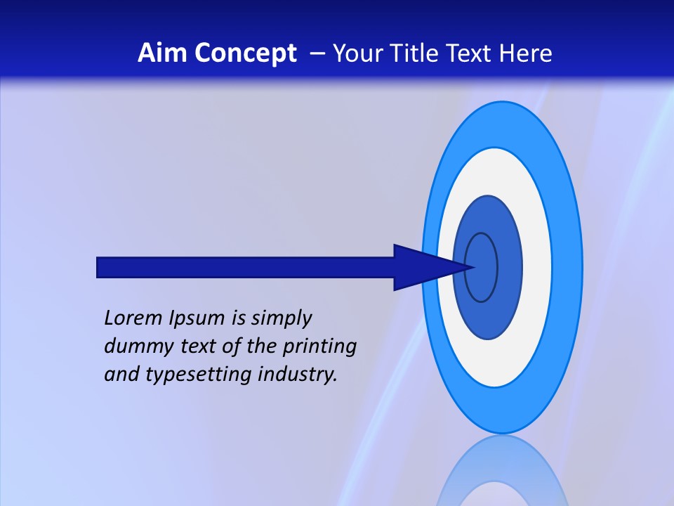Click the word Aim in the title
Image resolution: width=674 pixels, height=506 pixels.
click(x=161, y=53)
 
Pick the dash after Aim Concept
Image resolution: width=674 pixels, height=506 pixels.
click(x=316, y=54)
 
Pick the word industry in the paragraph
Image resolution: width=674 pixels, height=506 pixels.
click(x=298, y=375)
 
